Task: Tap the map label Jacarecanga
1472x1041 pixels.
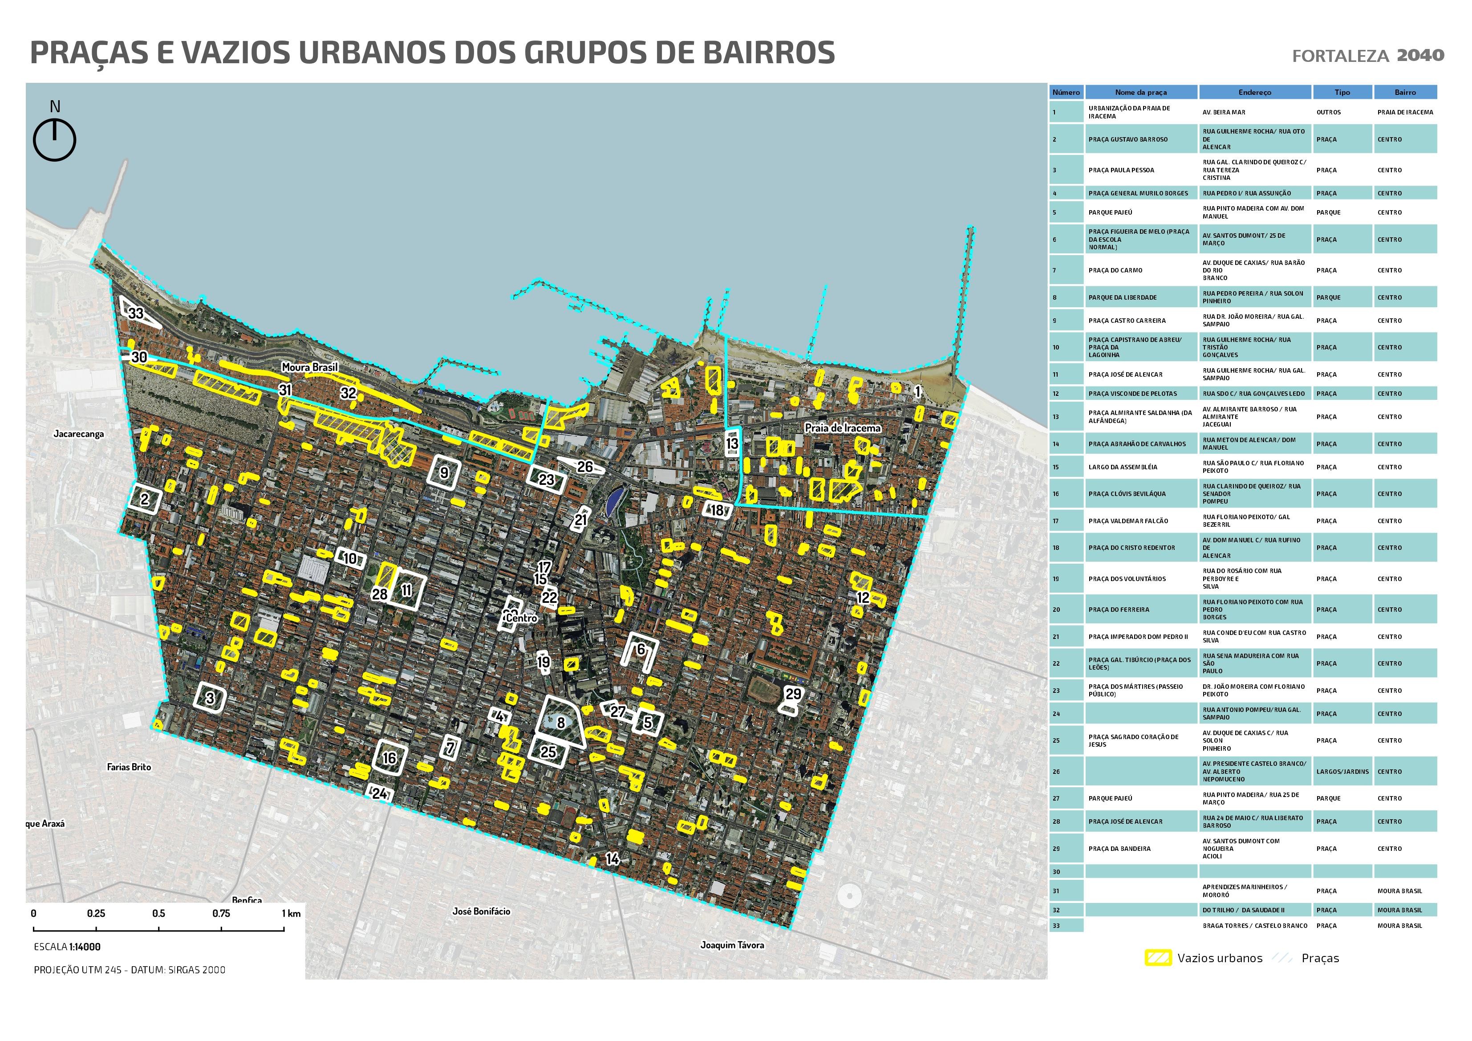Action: point(78,434)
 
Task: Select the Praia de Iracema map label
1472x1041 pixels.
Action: point(843,428)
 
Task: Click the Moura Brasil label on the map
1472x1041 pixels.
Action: point(310,367)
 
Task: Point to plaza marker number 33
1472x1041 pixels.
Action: point(136,313)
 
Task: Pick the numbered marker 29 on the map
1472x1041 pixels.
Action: point(793,694)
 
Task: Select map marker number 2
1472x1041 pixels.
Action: point(144,499)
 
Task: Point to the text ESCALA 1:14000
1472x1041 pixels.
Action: point(67,947)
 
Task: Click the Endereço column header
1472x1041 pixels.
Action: point(1255,92)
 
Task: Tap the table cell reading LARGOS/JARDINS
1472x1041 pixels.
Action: point(1342,772)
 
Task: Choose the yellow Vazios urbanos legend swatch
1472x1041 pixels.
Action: point(1158,958)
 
